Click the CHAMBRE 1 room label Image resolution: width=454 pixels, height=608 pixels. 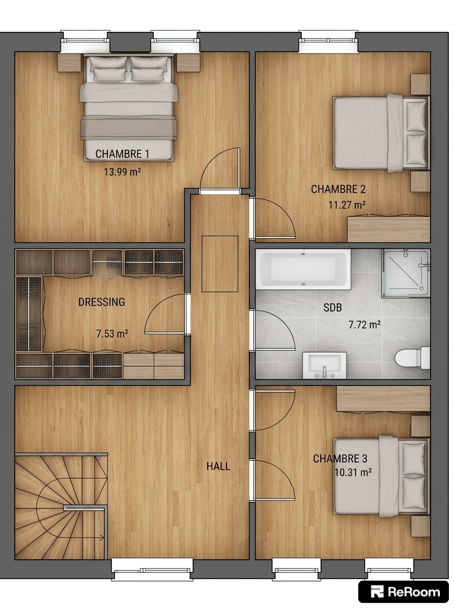click(x=122, y=154)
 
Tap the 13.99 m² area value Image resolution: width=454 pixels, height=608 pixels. click(x=122, y=172)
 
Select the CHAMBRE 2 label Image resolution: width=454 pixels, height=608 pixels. click(x=338, y=189)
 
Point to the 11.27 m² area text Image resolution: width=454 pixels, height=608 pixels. click(x=347, y=205)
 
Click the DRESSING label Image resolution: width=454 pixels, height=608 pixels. click(x=102, y=302)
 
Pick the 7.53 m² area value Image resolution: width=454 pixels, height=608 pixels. click(x=112, y=333)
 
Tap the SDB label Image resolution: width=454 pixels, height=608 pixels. click(x=333, y=308)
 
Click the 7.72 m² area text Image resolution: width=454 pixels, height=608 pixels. click(x=364, y=325)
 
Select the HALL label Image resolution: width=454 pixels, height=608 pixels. click(x=218, y=466)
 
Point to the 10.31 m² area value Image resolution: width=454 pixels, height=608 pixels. click(x=353, y=472)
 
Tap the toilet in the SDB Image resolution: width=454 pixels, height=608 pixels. click(x=412, y=358)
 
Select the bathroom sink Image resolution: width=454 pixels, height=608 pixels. click(x=324, y=365)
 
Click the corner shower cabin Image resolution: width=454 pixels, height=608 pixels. click(x=406, y=274)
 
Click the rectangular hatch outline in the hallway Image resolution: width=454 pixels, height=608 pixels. click(x=220, y=263)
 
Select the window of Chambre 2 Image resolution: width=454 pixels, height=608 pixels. click(x=328, y=41)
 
